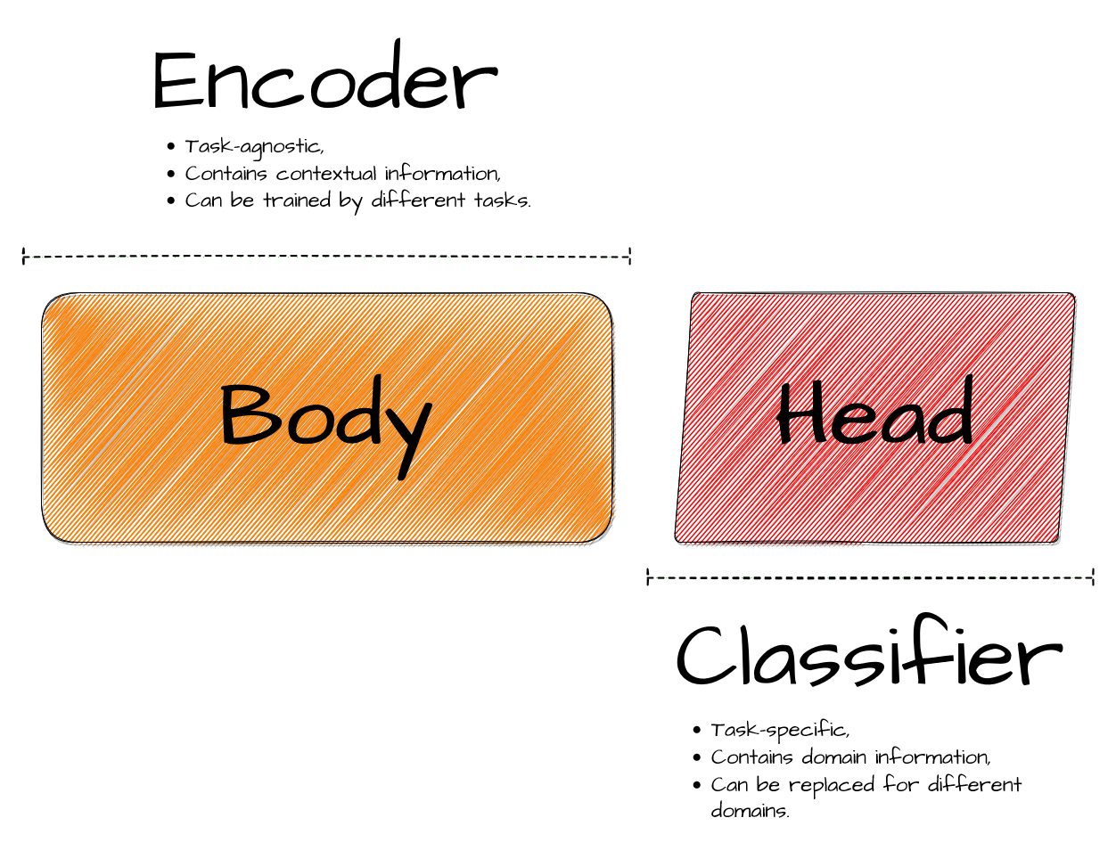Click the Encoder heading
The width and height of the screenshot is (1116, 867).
click(324, 75)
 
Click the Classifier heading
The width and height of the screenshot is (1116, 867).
click(869, 650)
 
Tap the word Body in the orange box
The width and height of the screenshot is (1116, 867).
click(325, 427)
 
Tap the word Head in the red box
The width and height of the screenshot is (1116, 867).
click(874, 410)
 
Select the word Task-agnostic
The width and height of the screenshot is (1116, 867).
click(254, 147)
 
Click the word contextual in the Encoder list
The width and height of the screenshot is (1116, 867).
click(326, 174)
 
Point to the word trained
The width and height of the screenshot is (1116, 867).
click(297, 200)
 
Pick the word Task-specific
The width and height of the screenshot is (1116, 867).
click(780, 731)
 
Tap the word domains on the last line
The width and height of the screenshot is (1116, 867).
click(750, 811)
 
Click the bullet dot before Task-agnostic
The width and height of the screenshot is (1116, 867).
click(171, 147)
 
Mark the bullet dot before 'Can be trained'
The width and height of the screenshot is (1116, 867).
click(171, 200)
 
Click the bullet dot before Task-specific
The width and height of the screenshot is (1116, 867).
click(696, 730)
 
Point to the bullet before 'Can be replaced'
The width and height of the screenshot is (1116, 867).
click(696, 785)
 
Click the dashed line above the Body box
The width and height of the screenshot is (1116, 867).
click(326, 256)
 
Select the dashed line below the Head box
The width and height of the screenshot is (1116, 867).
click(870, 577)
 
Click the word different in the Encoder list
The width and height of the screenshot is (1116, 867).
click(418, 200)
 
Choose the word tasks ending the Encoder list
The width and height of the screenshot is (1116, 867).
click(502, 200)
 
